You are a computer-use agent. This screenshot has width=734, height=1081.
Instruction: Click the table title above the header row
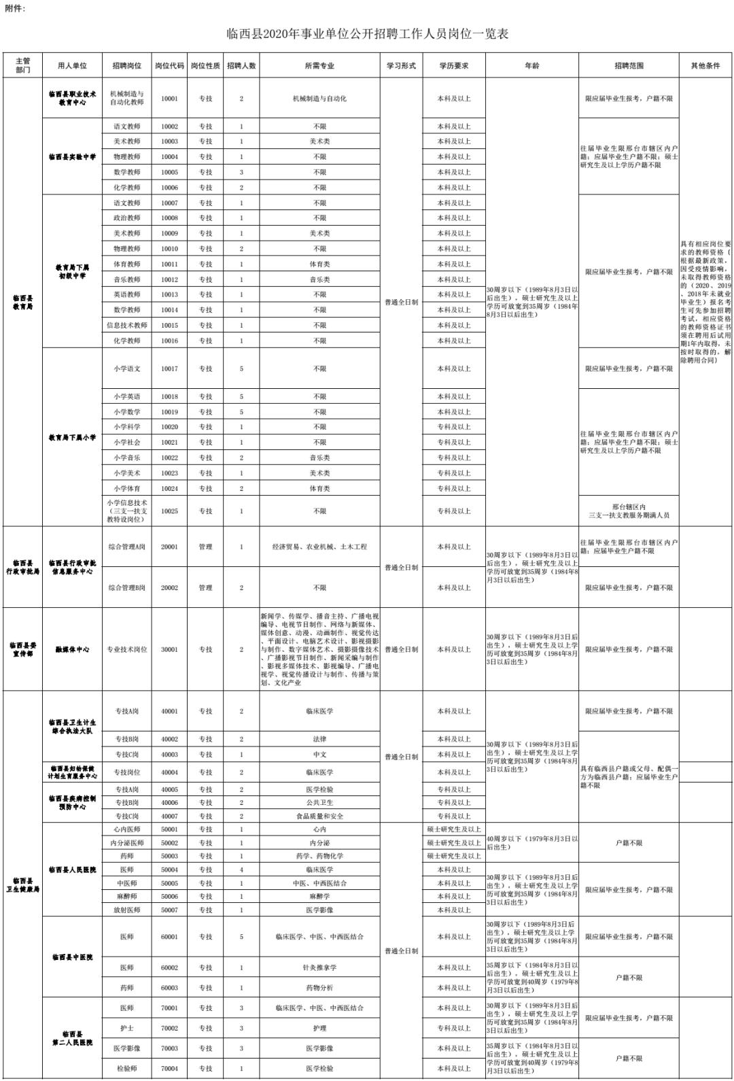point(368,33)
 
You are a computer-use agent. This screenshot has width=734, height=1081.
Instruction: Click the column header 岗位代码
point(169,66)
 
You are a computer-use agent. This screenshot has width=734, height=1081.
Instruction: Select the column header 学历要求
point(453,66)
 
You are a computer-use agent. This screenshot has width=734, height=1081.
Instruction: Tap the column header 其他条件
point(705,66)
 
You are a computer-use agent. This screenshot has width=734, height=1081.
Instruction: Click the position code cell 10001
point(169,99)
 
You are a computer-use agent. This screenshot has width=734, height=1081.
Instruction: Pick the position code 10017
point(169,368)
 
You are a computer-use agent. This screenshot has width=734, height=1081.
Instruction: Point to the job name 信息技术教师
point(127,325)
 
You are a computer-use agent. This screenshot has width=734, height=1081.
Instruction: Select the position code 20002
point(169,587)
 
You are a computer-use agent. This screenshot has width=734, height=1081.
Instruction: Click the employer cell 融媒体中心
point(72,649)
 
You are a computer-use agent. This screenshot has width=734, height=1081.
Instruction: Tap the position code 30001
point(169,649)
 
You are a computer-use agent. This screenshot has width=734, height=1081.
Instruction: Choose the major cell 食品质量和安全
point(319,816)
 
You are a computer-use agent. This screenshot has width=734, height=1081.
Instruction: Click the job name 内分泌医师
point(127,842)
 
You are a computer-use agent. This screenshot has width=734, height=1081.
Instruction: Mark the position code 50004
point(169,870)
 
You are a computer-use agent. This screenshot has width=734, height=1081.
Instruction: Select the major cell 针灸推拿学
point(319,967)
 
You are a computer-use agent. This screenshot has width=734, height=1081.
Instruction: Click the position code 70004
point(169,1068)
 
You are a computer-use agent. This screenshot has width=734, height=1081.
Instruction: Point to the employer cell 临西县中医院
point(72,957)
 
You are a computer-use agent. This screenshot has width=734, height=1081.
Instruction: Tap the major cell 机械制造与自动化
point(319,99)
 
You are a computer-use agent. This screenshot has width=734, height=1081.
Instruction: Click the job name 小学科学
point(127,427)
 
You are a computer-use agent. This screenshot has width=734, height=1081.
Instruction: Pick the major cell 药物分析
point(319,988)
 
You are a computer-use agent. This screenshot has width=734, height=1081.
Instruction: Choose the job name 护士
point(127,1028)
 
